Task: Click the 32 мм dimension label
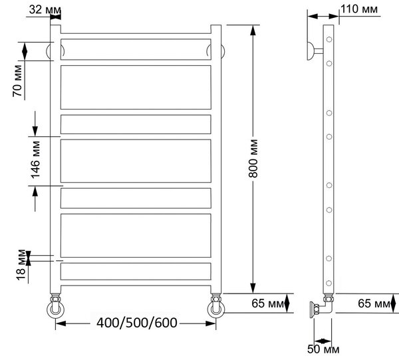[x=45, y=10]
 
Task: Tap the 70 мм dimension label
[x=17, y=80]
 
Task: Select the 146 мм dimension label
[x=35, y=159]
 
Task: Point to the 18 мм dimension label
[x=21, y=265]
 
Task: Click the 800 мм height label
[x=253, y=158]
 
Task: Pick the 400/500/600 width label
[x=136, y=323]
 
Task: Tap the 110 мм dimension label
[x=359, y=9]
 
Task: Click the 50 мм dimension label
[x=323, y=349]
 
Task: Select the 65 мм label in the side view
[x=374, y=304]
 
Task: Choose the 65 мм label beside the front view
[x=267, y=304]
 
